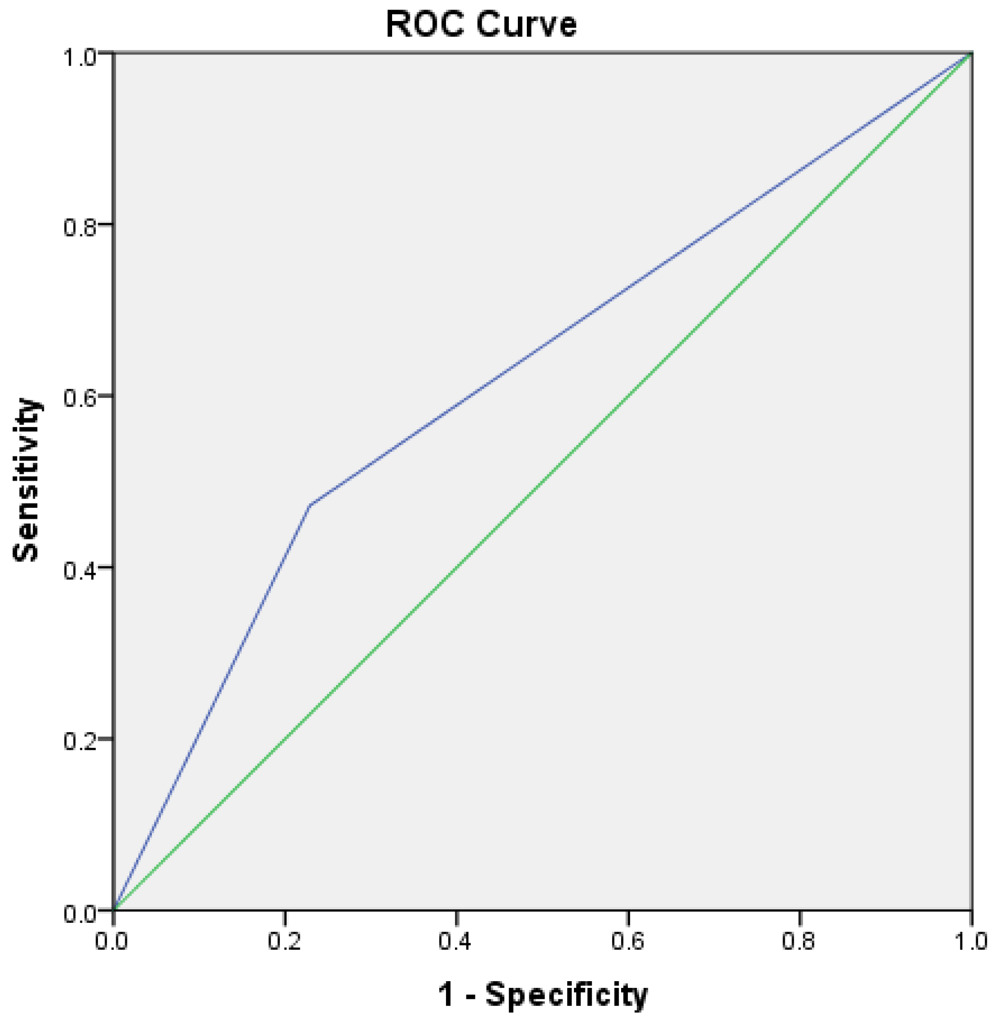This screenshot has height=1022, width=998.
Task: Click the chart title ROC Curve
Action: pos(481,24)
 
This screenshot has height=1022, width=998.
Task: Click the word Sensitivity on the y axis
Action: pos(26,480)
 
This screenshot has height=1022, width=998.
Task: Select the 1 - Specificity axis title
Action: pos(543,994)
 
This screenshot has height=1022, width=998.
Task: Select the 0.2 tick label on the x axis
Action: pos(284,942)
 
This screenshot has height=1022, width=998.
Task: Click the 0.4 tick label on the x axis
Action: pos(455,942)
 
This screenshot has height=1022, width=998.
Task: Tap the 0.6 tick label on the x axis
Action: pos(627,942)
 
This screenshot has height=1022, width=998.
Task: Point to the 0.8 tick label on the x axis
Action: pos(798,942)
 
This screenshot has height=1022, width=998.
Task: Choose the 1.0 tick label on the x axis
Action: pos(970,942)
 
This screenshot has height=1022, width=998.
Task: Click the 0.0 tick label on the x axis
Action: pos(112,942)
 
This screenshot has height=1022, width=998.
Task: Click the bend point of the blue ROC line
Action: pos(310,505)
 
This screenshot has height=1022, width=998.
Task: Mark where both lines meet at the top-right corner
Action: pos(971,53)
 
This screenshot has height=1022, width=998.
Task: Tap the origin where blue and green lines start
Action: pos(114,909)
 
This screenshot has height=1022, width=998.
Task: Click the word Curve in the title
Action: pos(528,24)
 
